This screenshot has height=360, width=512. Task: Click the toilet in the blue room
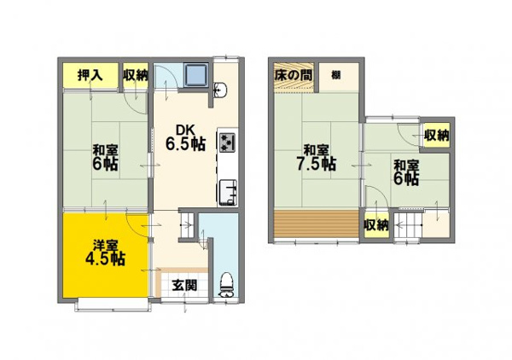point(226,285)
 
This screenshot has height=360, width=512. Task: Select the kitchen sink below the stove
point(227,192)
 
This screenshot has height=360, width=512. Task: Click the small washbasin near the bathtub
point(220,90)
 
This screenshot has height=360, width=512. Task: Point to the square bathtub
point(196,74)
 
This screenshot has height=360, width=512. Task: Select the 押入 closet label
point(90,75)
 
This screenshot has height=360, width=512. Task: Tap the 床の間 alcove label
point(294,75)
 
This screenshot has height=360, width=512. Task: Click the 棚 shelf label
point(336,75)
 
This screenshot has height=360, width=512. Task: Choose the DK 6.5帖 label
point(185,138)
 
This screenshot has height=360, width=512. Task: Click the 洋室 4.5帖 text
point(105,253)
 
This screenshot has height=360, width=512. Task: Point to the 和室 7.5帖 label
point(316,158)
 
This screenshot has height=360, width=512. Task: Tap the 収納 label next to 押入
point(135,75)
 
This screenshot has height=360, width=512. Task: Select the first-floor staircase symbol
point(187,225)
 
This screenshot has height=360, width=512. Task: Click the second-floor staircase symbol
point(408,225)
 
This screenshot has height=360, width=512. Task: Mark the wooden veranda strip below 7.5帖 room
point(316,224)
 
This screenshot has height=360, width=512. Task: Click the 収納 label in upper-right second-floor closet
point(437,135)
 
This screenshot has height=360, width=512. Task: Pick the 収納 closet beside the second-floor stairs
point(376,225)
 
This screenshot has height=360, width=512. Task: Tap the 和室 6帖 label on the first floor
point(105,158)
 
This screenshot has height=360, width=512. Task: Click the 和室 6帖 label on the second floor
point(406,172)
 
